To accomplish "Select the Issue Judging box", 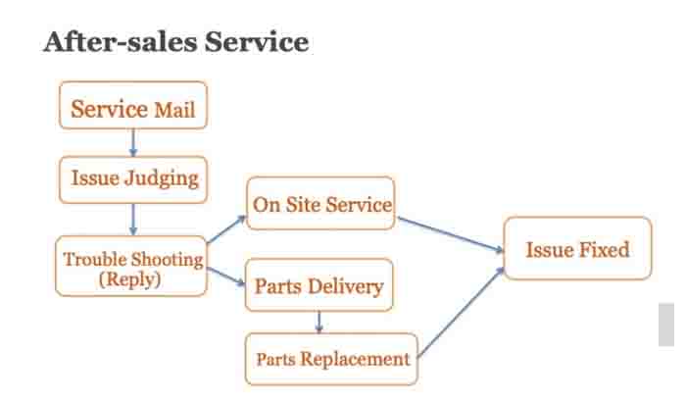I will (x=133, y=178).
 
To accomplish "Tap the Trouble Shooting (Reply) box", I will (x=131, y=268).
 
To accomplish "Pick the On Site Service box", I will (x=320, y=204).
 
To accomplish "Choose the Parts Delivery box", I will (x=318, y=286).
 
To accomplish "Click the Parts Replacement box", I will (x=332, y=359).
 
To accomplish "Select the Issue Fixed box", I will (x=577, y=249).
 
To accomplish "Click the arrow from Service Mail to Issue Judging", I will (x=133, y=143).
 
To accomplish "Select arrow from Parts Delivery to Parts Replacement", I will (x=318, y=323).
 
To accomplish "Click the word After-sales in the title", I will (x=108, y=42).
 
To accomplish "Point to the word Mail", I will (x=175, y=109).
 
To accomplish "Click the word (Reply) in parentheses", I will (x=131, y=278).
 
